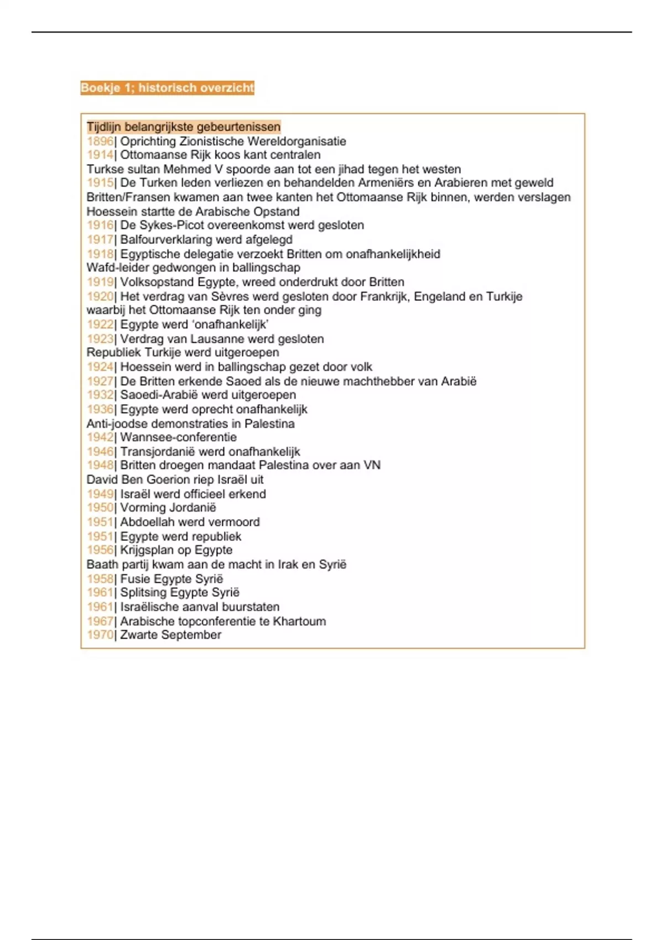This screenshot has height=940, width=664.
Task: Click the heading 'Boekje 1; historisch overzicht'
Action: click(x=167, y=88)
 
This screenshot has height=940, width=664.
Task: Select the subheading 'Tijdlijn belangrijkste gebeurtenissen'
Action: click(x=183, y=127)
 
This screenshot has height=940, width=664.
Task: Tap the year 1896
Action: click(x=100, y=142)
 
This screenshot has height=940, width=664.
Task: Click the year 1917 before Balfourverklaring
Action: click(x=100, y=240)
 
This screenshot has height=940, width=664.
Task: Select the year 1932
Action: click(x=100, y=395)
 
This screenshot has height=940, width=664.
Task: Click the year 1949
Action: click(x=100, y=494)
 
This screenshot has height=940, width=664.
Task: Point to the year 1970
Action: click(x=100, y=635)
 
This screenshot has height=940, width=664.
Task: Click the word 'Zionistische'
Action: click(x=212, y=142)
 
